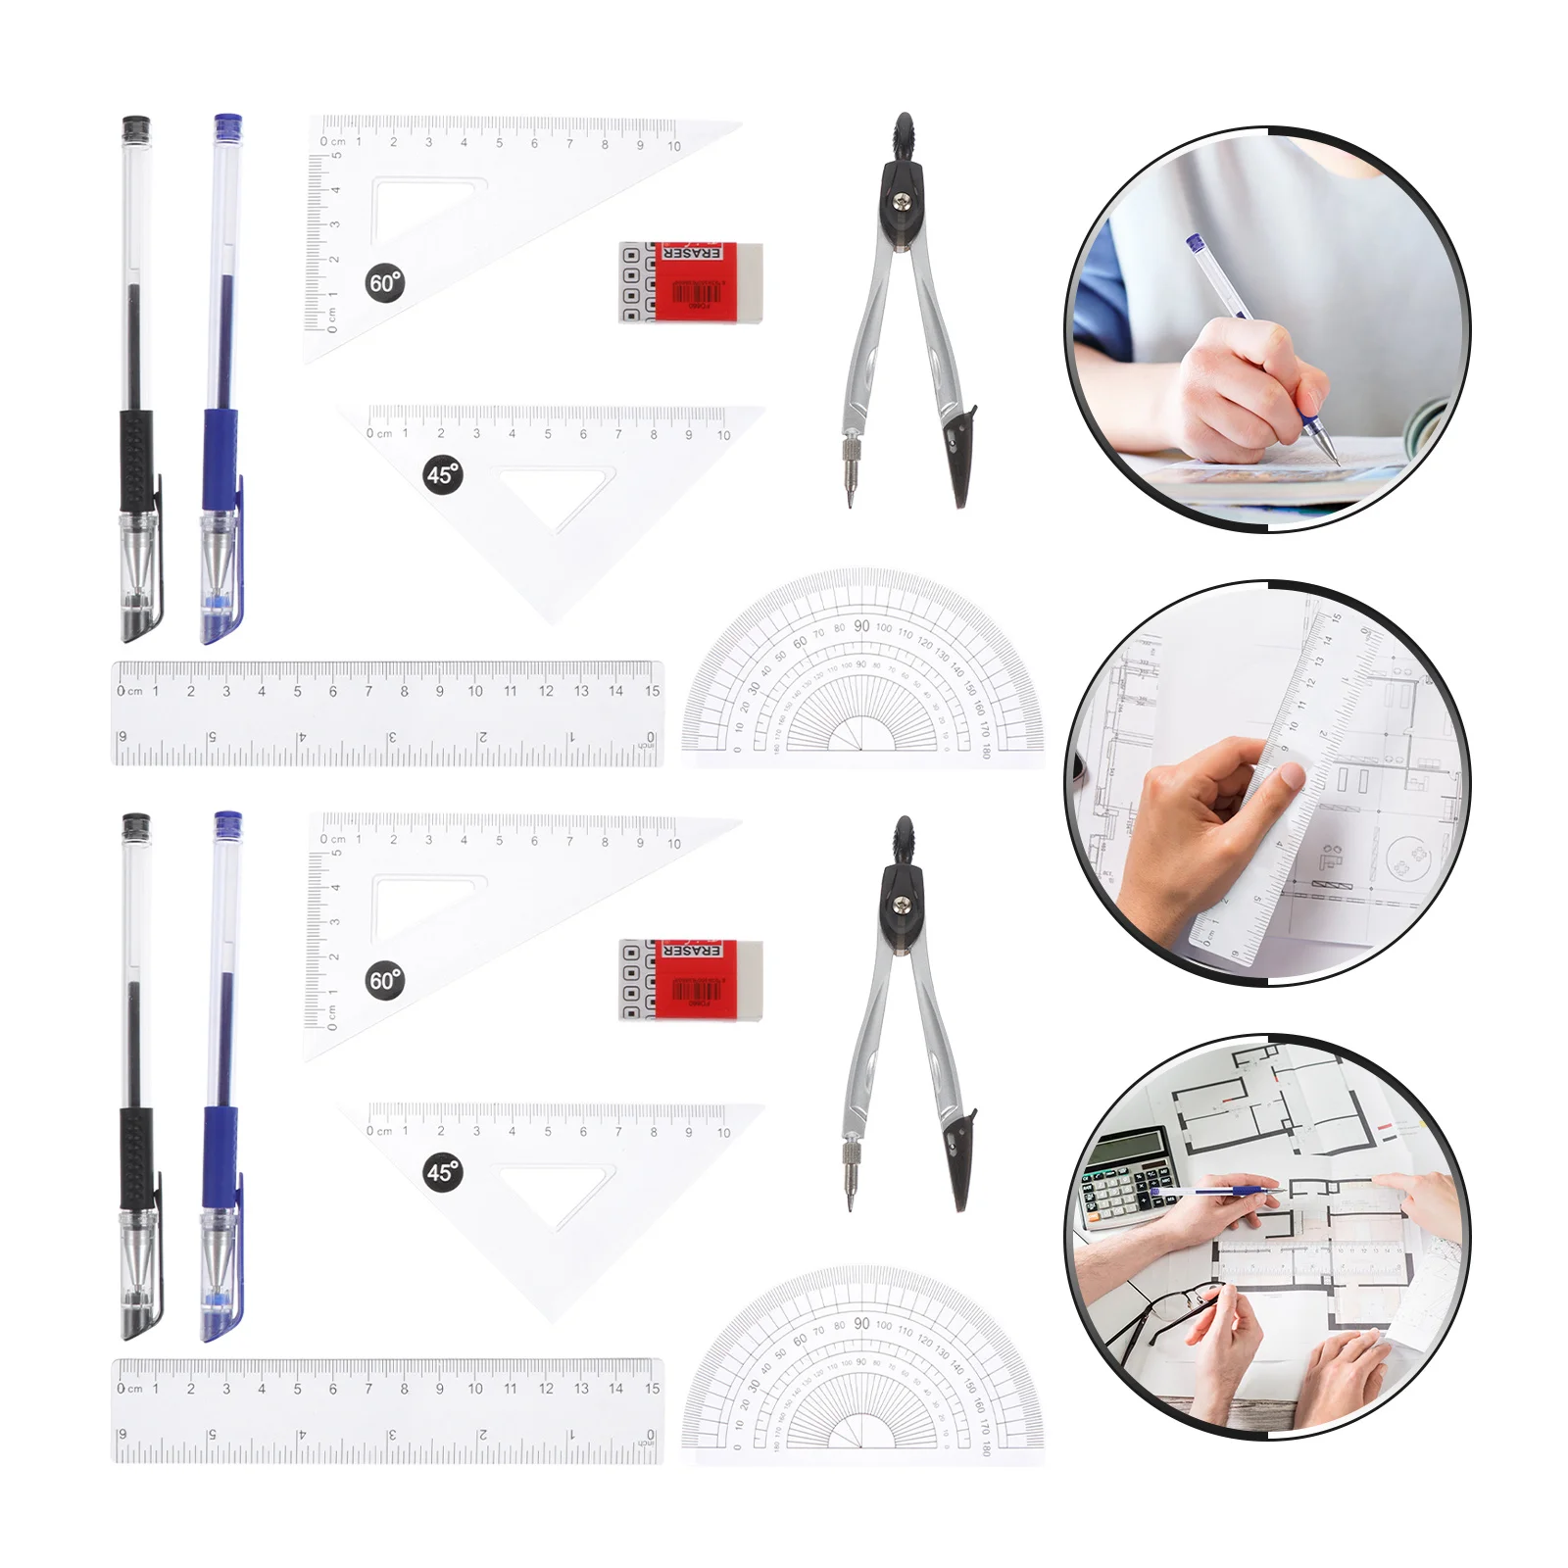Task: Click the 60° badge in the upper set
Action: pyautogui.click(x=385, y=283)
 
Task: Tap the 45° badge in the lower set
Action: pyautogui.click(x=443, y=1172)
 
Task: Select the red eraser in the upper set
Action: pyautogui.click(x=692, y=282)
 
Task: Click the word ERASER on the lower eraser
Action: pyautogui.click(x=692, y=951)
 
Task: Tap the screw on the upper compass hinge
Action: pyautogui.click(x=902, y=203)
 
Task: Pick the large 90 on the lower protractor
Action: pyautogui.click(x=861, y=1323)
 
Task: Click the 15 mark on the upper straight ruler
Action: pyautogui.click(x=652, y=691)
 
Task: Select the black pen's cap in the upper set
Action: pyautogui.click(x=136, y=131)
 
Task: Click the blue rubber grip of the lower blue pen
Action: pyautogui.click(x=220, y=1156)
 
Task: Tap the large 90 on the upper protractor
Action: pyautogui.click(x=861, y=626)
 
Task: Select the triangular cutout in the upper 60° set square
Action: pyautogui.click(x=416, y=211)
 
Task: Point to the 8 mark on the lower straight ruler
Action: pyautogui.click(x=404, y=1389)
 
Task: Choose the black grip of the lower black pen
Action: pyautogui.click(x=136, y=1156)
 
